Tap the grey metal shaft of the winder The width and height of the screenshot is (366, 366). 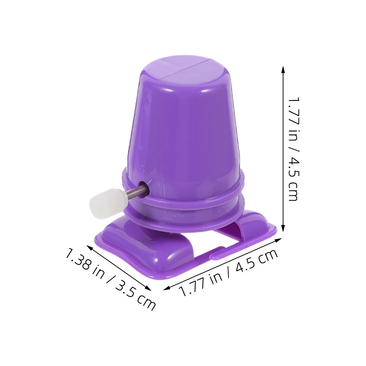tap(136, 191)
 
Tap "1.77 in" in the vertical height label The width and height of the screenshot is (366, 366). tap(294, 117)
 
